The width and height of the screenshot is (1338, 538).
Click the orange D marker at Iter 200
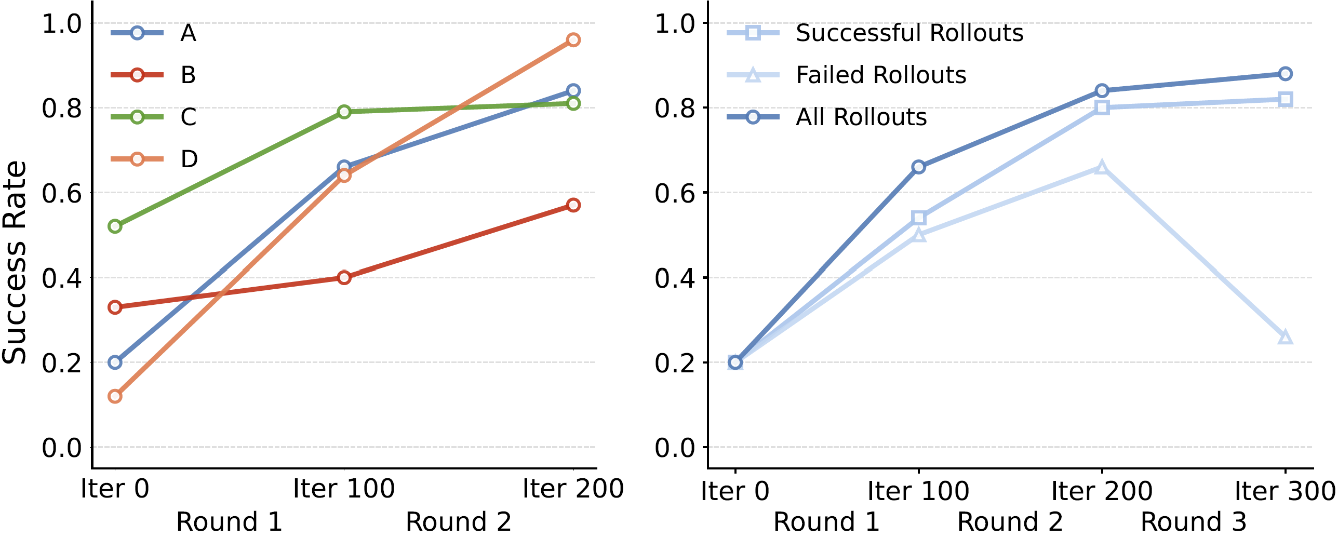tap(573, 40)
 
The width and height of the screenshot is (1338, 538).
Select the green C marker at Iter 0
tap(115, 226)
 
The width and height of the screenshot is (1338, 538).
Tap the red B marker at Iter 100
tap(344, 277)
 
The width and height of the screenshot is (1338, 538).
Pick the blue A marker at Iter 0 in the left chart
tap(115, 362)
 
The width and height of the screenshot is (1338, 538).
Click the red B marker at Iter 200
tap(573, 205)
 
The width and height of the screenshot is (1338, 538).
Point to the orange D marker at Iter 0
tap(115, 396)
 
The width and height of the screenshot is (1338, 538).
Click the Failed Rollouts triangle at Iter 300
tap(1285, 338)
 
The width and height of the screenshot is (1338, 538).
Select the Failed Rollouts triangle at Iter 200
tap(1102, 167)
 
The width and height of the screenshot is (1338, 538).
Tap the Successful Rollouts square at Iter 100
tap(918, 218)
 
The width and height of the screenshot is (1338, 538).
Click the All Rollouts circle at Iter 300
tap(1285, 74)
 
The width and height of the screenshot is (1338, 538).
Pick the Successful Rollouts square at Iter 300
tap(1285, 99)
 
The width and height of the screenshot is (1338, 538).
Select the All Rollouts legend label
tap(861, 117)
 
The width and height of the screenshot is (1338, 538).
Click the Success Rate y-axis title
tap(15, 262)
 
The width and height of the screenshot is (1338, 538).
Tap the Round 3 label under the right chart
tap(1193, 521)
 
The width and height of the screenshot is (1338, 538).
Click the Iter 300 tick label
tap(1285, 491)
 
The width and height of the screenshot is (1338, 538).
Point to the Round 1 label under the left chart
tap(229, 521)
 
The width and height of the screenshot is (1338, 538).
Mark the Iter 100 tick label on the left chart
tap(344, 489)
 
